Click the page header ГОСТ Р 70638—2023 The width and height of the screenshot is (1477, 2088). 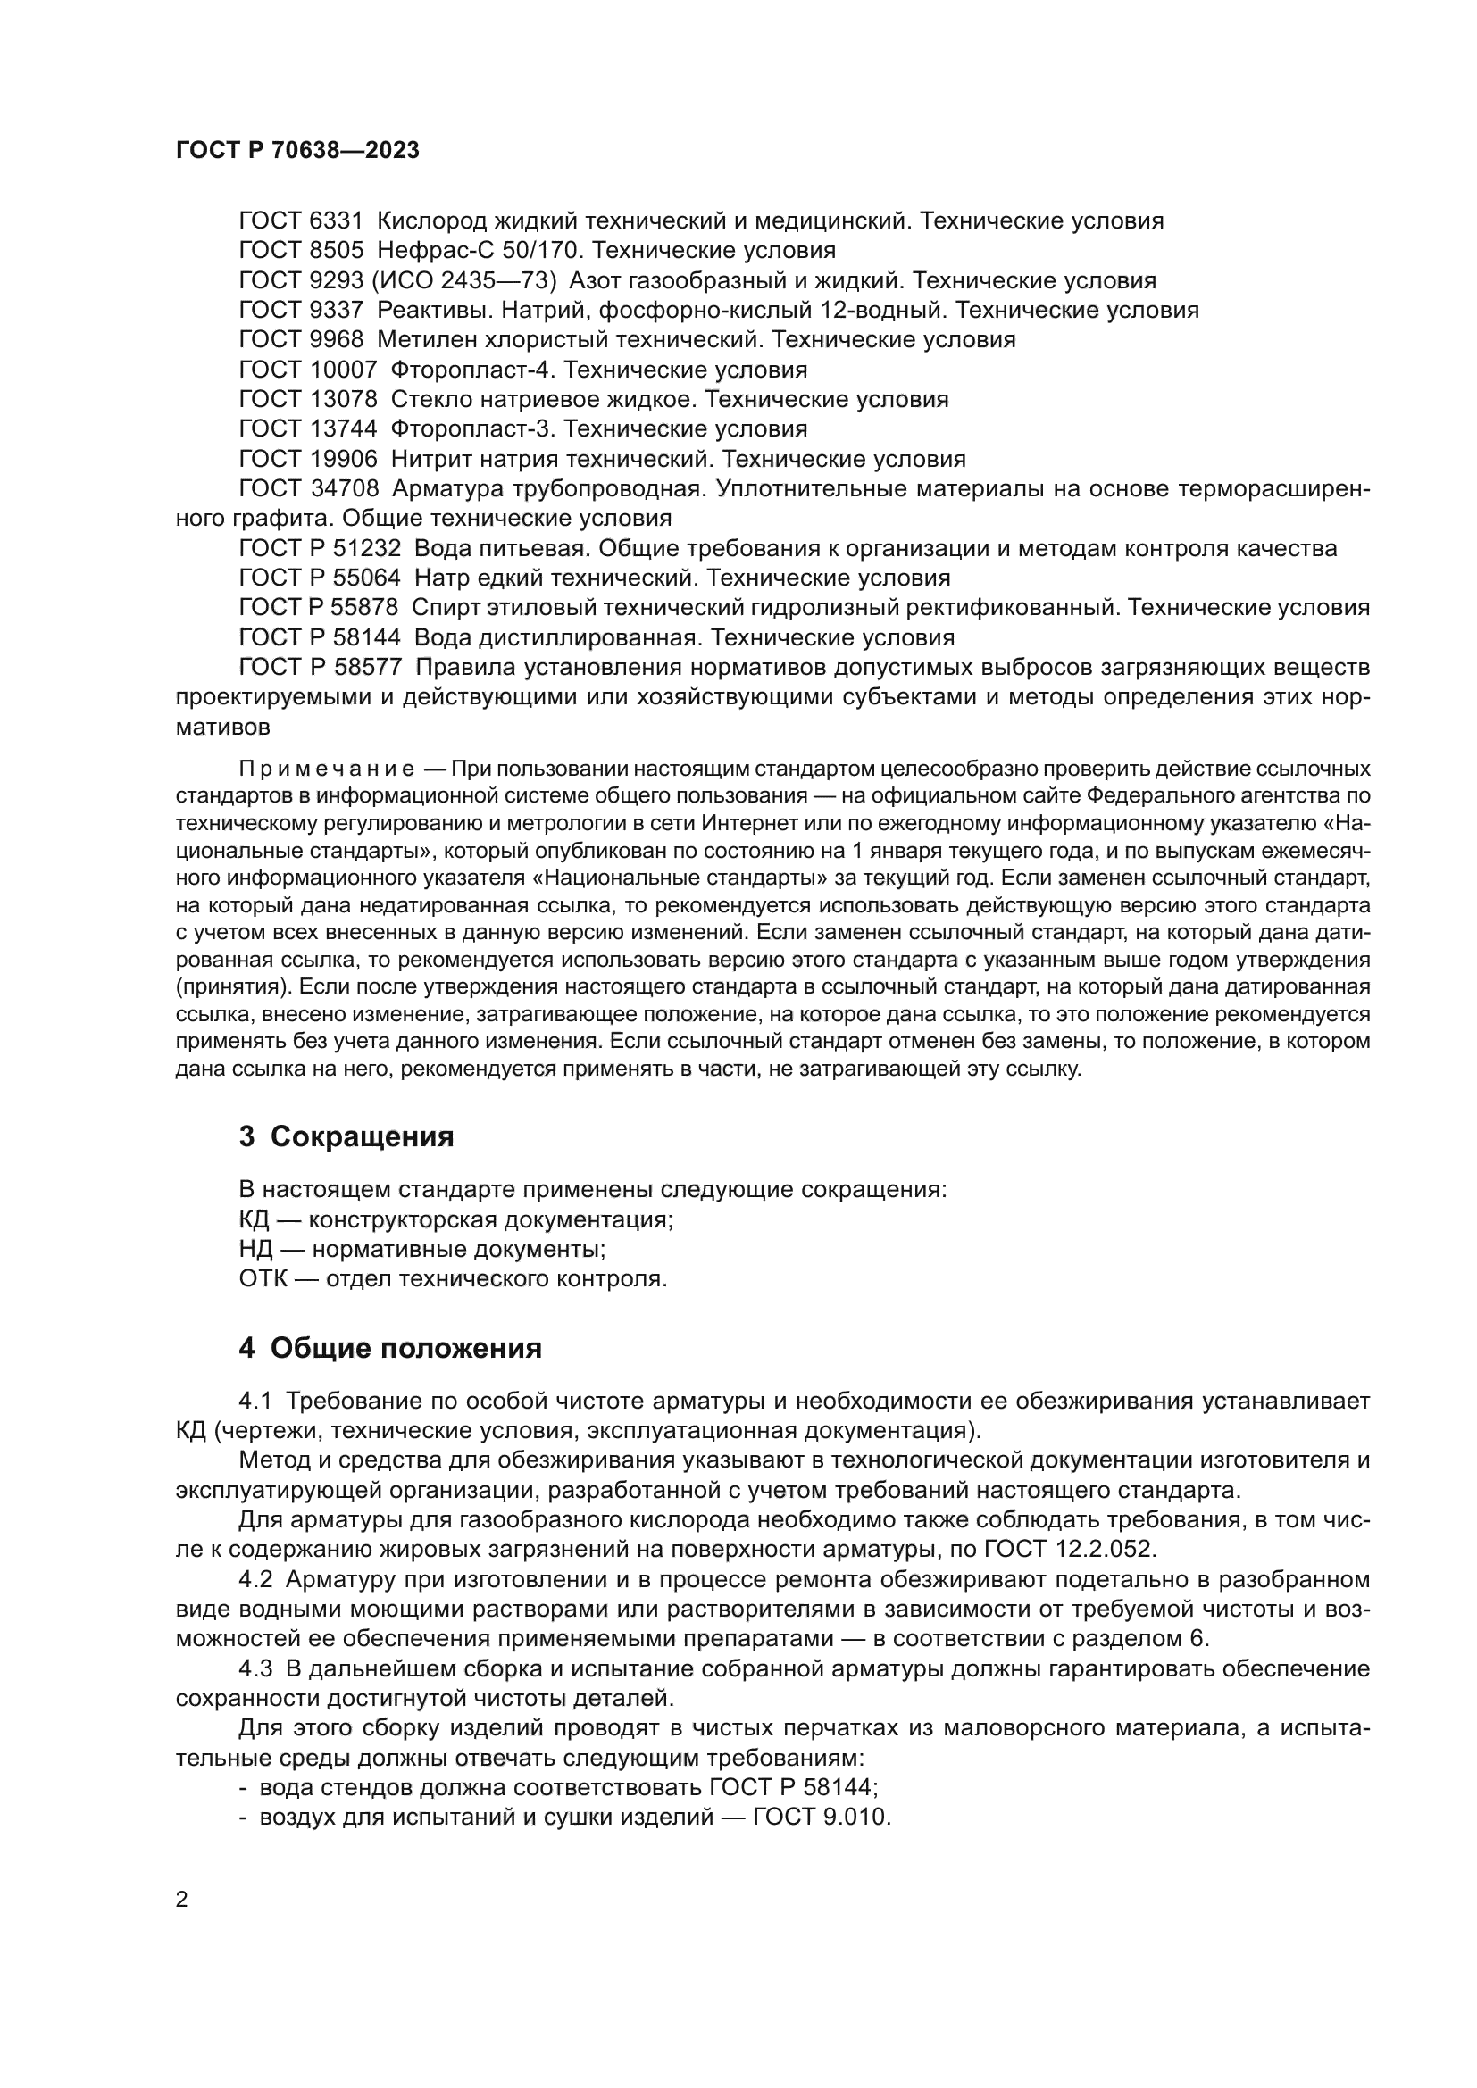pyautogui.click(x=297, y=151)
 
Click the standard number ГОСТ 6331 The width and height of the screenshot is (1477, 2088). pyautogui.click(x=300, y=221)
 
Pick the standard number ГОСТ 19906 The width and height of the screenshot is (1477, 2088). pyautogui.click(x=307, y=459)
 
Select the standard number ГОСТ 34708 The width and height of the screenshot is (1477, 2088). pyautogui.click(x=307, y=489)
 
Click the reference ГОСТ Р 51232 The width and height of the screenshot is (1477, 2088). pyautogui.click(x=319, y=548)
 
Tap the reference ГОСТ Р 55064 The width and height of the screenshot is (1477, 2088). pyautogui.click(x=319, y=578)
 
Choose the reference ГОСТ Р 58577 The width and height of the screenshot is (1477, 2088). pyautogui.click(x=319, y=668)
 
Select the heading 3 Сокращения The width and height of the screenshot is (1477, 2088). pyautogui.click(x=346, y=1136)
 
